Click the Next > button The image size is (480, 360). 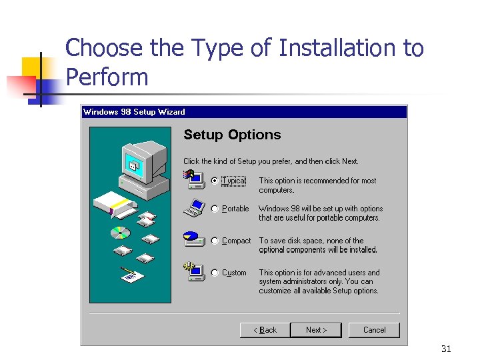click(x=317, y=330)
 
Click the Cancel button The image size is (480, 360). click(x=374, y=330)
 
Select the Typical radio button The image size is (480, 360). click(x=215, y=181)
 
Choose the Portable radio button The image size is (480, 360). click(x=215, y=209)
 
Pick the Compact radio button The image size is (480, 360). click(x=215, y=241)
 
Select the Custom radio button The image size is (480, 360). click(x=215, y=273)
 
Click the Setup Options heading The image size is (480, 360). click(x=232, y=135)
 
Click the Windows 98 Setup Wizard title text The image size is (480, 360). click(x=134, y=112)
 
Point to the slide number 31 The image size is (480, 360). click(x=446, y=349)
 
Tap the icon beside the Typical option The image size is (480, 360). click(x=193, y=178)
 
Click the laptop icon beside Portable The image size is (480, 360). click(x=193, y=209)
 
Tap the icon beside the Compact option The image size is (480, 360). click(x=193, y=239)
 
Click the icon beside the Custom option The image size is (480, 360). click(x=193, y=271)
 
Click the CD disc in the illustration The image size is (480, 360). click(x=120, y=233)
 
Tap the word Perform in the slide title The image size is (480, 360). click(x=107, y=77)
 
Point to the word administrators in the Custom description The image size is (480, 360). click(x=311, y=282)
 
